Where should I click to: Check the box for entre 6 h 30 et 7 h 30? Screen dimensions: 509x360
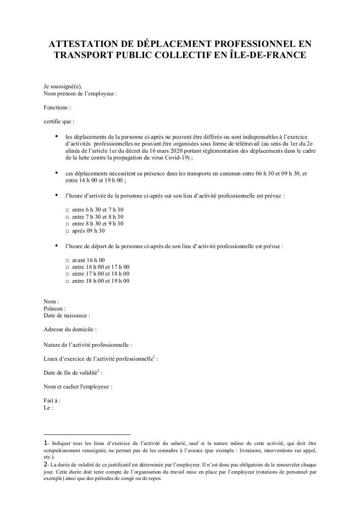coord(68,210)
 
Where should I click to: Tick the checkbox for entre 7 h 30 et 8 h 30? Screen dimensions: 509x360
coord(68,217)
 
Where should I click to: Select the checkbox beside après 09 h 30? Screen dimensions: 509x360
coord(68,231)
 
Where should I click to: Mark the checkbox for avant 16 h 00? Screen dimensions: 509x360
coord(68,260)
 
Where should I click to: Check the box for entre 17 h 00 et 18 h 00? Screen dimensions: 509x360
coord(68,274)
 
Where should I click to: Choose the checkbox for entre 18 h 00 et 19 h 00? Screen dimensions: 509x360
coord(68,281)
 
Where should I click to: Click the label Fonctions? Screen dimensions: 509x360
coord(57,107)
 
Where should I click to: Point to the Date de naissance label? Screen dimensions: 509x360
coord(66,315)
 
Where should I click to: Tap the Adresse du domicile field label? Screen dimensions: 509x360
coord(70,329)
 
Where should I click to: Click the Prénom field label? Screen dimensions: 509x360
coord(54,309)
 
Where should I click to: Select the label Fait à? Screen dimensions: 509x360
coord(52,400)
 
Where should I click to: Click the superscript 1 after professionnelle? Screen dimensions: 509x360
coord(154,357)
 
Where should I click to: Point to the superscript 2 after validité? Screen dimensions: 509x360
coord(98,371)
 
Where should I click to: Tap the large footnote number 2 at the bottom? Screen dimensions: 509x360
coord(45,464)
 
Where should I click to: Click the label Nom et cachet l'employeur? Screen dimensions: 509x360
coord(77,387)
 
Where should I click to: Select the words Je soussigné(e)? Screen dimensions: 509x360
coord(63,87)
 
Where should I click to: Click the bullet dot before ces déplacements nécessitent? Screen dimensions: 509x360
coord(57,173)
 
